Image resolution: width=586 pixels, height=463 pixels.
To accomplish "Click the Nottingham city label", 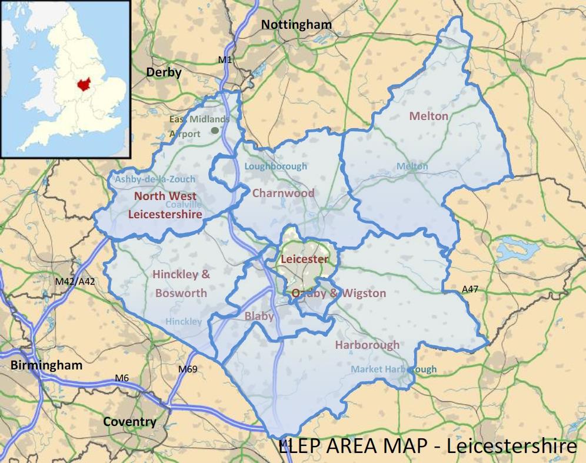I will point(297,25).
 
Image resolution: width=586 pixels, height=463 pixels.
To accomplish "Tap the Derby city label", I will point(164,72).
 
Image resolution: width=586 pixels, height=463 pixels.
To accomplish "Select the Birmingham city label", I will point(46,365).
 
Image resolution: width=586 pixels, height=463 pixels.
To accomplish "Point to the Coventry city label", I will point(129,422).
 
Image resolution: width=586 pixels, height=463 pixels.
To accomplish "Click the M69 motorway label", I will point(188,369).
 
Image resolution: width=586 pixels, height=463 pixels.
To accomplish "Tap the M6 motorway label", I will point(122,377).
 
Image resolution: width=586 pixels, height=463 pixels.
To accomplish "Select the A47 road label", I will point(471,289).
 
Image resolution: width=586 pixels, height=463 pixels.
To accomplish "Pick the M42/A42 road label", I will point(75,282).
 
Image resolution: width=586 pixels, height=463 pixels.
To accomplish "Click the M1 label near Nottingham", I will point(225,59).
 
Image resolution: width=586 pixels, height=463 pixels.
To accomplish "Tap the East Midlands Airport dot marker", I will point(215,130).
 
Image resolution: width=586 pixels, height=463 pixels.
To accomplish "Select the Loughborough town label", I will point(275,166).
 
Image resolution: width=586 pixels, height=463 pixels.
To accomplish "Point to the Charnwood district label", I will point(283,193).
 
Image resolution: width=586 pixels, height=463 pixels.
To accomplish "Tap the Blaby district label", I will point(259,316).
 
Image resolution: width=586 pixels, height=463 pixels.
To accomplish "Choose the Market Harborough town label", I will point(394,369).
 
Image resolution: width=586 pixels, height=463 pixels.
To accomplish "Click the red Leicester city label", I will point(304,259).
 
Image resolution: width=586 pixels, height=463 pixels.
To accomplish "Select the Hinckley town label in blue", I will point(184,321).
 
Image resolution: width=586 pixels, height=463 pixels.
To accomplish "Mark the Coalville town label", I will point(184,204).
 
